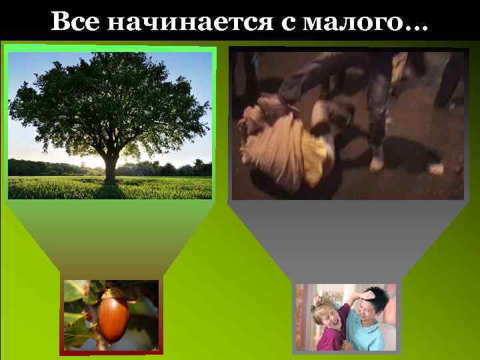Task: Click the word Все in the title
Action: (75, 23)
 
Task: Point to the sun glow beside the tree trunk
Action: (93, 163)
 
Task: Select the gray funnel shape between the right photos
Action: (347, 240)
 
